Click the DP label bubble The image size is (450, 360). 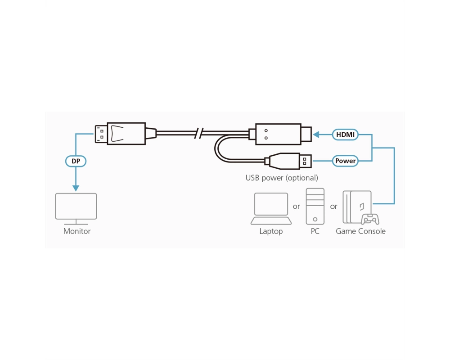click(x=76, y=161)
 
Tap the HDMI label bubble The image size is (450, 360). click(x=345, y=135)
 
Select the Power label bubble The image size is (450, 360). click(x=345, y=161)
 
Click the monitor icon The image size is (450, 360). click(x=76, y=209)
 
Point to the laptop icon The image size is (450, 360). click(x=271, y=209)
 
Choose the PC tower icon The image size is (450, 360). click(x=315, y=207)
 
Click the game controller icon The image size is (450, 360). click(x=370, y=219)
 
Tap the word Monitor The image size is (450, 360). click(x=77, y=231)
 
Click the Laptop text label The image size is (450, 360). click(x=271, y=231)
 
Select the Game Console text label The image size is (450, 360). click(x=360, y=231)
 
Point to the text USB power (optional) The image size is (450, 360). click(x=282, y=178)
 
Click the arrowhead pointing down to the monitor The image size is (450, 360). click(x=76, y=189)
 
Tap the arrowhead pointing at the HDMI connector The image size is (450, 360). click(x=316, y=135)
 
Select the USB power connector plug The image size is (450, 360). click(x=288, y=161)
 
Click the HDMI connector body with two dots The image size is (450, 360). click(x=278, y=134)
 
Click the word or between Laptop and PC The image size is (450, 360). click(x=297, y=207)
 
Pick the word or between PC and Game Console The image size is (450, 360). click(x=333, y=207)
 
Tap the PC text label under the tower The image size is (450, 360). click(x=315, y=231)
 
